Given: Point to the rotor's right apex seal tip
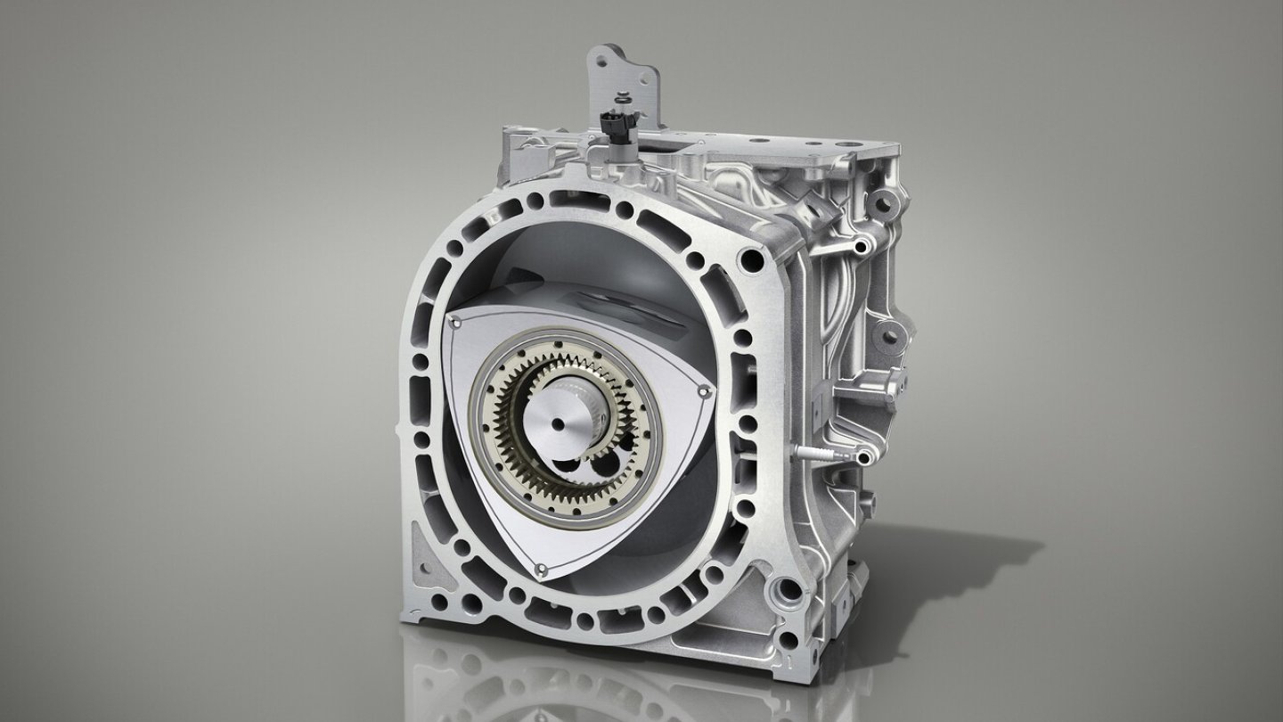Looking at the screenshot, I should point(704,390).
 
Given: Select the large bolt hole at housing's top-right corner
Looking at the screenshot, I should point(756,260).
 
